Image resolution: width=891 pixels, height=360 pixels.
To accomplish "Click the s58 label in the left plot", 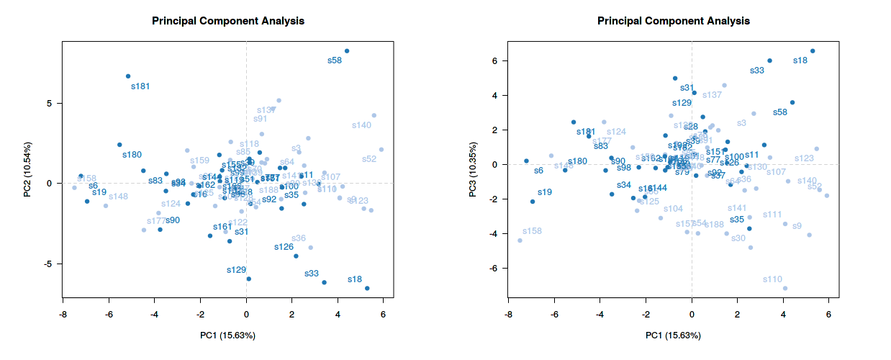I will pos(334,61).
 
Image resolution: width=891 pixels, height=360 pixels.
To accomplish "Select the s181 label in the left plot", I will pos(140,86).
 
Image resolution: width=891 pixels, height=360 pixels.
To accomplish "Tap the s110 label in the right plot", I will pos(772,279).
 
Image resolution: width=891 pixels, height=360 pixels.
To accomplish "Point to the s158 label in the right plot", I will pos(532,231).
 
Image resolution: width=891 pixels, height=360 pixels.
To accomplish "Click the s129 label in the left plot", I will pos(236,270).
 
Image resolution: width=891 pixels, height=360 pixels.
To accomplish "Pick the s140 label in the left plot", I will pos(361,125).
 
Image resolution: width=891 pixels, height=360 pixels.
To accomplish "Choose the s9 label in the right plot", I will pos(797,226).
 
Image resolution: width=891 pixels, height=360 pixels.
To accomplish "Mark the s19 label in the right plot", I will pos(545,192).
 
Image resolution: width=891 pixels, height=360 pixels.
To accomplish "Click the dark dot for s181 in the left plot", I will pos(128,76).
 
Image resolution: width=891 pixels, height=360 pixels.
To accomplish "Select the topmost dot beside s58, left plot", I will pos(347,51).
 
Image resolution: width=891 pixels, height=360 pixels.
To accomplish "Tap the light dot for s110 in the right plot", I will pos(784,288).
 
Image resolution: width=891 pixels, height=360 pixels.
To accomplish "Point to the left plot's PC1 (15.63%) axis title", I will pos(227,336).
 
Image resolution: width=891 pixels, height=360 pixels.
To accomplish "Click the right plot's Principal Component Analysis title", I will pos(674,21).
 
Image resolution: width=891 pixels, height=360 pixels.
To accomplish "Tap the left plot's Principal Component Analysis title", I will pos(227,21).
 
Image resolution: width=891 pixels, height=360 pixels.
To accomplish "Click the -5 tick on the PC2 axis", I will pos(49,264).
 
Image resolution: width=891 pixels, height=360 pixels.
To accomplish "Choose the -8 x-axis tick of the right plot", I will pos(508,315).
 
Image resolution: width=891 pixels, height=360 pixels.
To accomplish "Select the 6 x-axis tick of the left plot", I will pos(383,315).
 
